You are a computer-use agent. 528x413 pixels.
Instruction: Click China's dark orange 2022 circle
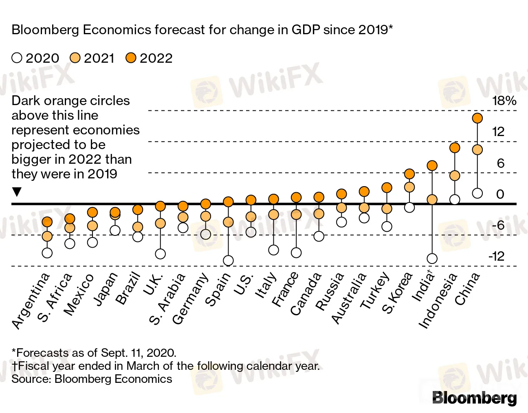click(x=477, y=118)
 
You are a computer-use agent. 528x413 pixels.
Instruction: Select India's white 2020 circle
click(x=432, y=259)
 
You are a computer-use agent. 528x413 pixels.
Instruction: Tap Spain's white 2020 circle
click(x=228, y=261)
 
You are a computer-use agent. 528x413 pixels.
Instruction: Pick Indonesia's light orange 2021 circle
click(x=455, y=176)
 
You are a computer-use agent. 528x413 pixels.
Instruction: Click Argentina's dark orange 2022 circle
click(x=47, y=222)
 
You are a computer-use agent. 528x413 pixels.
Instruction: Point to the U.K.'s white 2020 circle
click(x=161, y=254)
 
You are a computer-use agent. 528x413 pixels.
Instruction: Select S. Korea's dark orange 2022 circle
click(x=409, y=174)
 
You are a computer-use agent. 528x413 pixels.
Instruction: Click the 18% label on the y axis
click(x=504, y=101)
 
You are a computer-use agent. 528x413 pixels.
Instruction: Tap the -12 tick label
click(x=496, y=256)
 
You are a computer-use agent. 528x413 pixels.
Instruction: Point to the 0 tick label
click(x=500, y=194)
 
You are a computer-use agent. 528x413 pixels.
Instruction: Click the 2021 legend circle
click(x=75, y=58)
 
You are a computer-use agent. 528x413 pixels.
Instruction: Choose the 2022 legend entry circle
click(x=131, y=58)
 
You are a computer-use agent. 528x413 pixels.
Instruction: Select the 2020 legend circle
click(x=17, y=58)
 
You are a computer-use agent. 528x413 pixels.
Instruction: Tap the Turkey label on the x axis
click(x=375, y=291)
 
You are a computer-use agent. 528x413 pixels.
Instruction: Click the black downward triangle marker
click(x=17, y=192)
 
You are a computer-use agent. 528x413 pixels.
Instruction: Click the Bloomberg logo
click(x=474, y=398)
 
